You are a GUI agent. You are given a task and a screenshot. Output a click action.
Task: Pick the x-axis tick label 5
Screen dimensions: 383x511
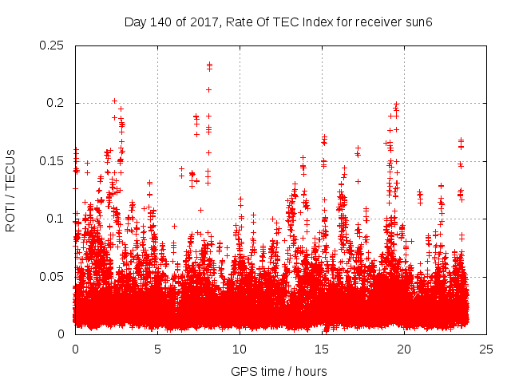tap(157, 349)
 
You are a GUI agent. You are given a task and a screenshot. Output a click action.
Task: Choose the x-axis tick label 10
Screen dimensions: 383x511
tap(240, 349)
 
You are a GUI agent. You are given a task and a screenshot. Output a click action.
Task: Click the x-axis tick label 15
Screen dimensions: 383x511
tap(322, 349)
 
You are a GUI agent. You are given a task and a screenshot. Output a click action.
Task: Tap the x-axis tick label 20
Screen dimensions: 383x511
tap(404, 349)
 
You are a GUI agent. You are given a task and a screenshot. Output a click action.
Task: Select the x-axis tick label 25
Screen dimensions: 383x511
tap(486, 349)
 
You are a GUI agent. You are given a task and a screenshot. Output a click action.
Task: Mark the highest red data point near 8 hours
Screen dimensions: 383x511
tap(209, 65)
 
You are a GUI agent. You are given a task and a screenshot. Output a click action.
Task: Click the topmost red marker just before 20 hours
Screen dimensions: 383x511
tap(396, 105)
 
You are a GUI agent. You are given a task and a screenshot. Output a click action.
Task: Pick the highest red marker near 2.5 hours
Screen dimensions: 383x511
tap(114, 101)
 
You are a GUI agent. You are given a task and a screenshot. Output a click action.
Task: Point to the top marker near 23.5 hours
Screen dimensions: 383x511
tap(461, 140)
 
